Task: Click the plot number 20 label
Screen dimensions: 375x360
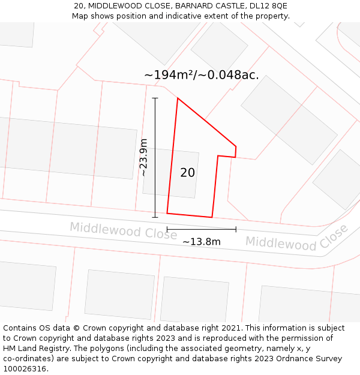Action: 187,173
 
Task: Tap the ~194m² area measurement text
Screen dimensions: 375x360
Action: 202,75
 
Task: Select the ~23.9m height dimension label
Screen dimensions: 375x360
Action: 143,157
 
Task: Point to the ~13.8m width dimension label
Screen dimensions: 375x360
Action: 202,242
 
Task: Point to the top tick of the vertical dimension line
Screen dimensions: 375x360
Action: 155,98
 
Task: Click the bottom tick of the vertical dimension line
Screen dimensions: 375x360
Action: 155,217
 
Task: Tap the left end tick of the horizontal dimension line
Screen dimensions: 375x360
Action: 167,229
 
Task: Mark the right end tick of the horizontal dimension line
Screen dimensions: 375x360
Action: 236,229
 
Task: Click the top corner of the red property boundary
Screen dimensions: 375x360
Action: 178,98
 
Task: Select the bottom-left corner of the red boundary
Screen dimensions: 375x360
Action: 167,213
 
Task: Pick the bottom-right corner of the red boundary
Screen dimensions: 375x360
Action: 212,217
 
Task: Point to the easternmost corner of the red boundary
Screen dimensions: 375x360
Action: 236,146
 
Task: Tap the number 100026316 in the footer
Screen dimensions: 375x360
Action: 24,369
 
